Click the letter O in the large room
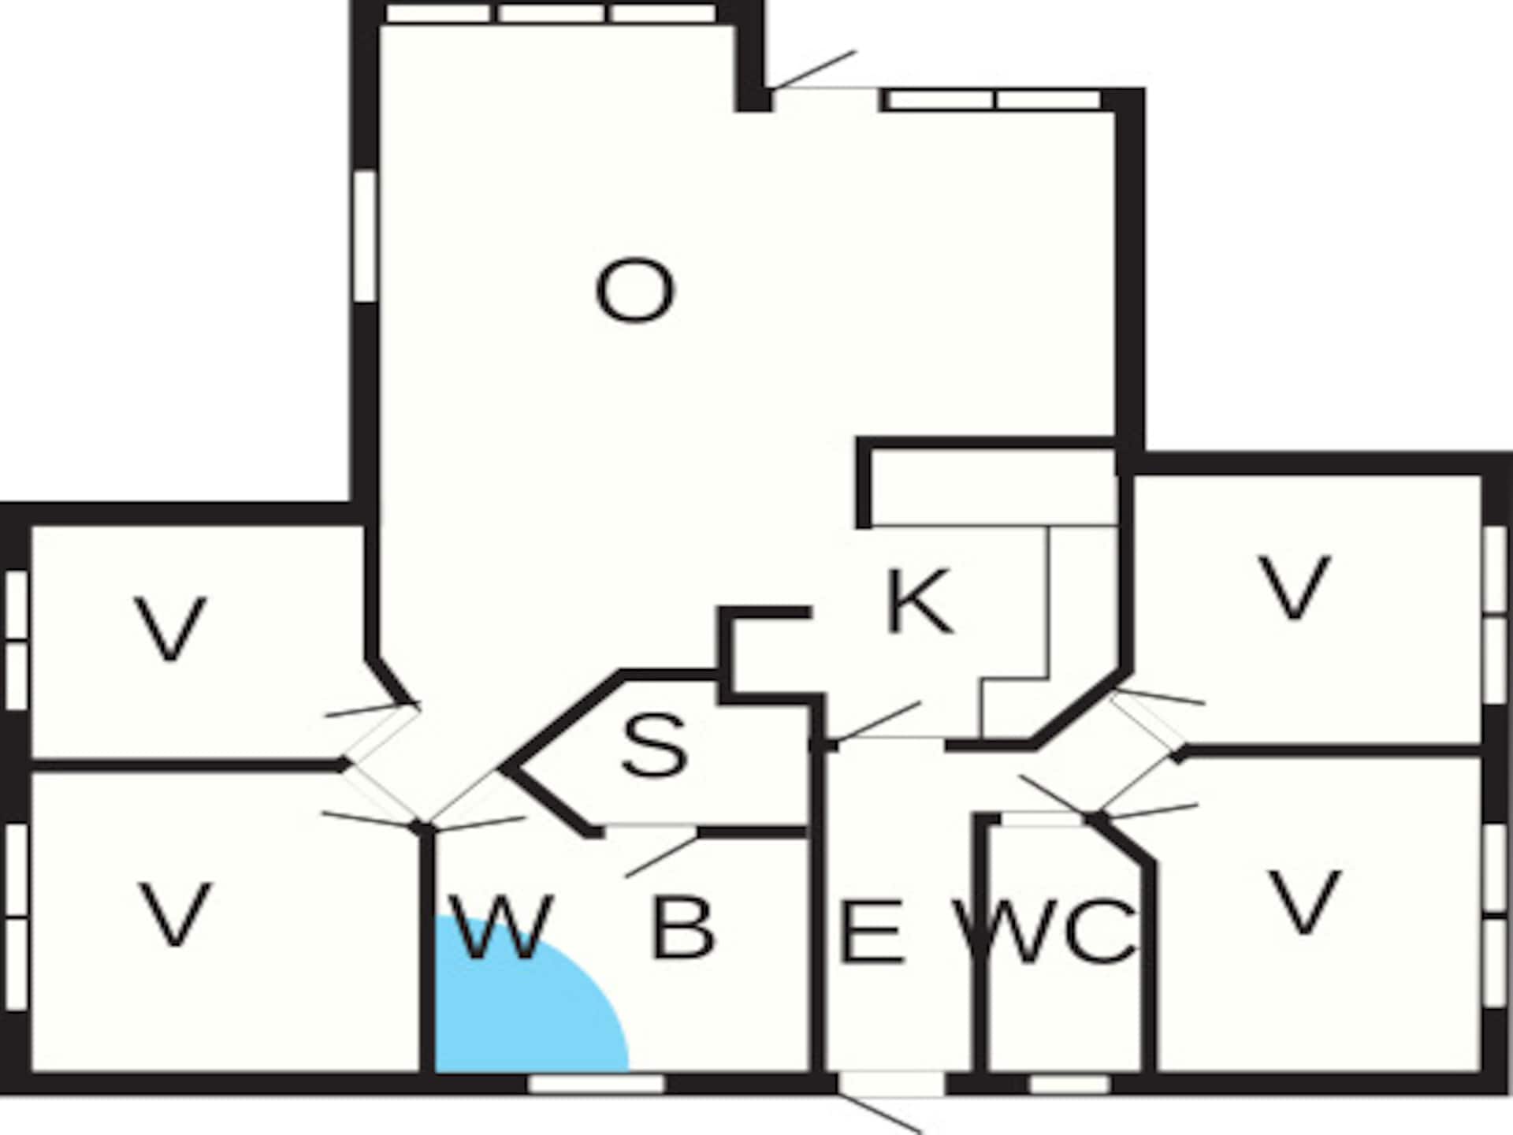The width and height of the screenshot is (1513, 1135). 634,292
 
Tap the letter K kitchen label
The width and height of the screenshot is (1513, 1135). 920,602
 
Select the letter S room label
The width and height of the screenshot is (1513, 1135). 654,745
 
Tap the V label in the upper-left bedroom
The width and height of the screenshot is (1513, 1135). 170,629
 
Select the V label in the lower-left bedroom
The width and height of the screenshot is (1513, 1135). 175,914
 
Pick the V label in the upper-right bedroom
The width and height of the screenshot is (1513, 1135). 1295,587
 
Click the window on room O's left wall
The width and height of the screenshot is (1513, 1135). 365,236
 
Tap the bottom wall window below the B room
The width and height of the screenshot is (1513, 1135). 597,1084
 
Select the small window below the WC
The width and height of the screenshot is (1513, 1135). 1069,1085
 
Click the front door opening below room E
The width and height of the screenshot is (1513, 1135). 891,1084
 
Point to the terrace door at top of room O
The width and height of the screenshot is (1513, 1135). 826,100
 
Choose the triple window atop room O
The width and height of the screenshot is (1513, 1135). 552,13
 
